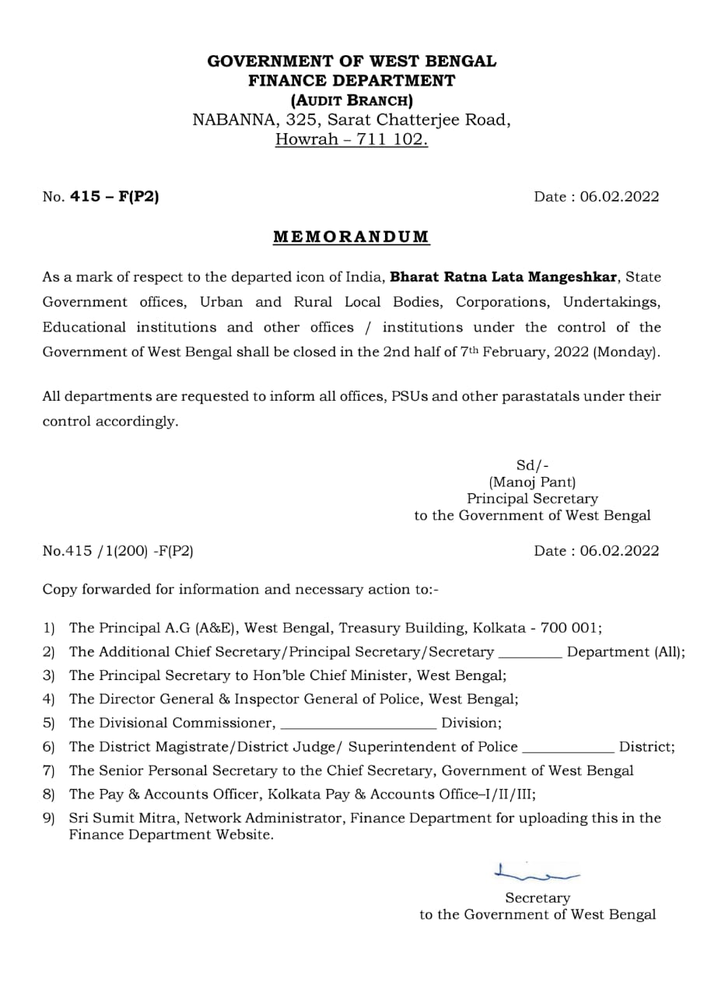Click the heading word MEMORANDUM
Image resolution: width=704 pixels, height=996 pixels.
[x=351, y=237]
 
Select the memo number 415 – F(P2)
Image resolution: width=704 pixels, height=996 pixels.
[x=114, y=197]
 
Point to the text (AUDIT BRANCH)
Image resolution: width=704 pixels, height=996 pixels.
[x=352, y=100]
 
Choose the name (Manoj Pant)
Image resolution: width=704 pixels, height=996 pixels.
[x=532, y=482]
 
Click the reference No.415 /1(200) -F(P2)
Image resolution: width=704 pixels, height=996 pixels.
[x=118, y=551]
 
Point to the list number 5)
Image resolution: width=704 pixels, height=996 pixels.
[x=49, y=723]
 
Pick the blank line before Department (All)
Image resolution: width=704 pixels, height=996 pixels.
[x=529, y=655]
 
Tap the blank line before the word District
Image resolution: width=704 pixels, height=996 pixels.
[x=568, y=749]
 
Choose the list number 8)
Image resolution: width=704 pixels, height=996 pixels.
[x=49, y=794]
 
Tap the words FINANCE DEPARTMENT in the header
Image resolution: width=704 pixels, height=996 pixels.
[x=352, y=80]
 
